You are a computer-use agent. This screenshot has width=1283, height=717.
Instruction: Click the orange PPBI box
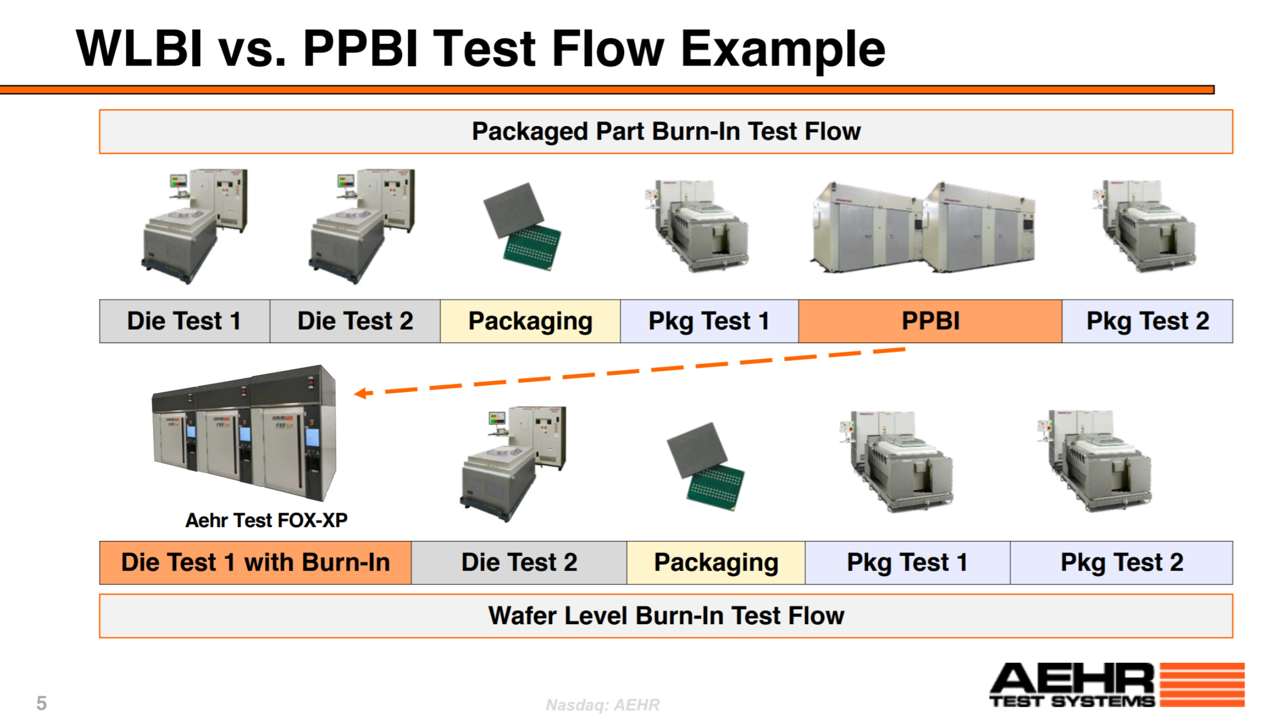[x=930, y=321]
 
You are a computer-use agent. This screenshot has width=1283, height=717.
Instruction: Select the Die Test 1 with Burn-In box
[x=255, y=562]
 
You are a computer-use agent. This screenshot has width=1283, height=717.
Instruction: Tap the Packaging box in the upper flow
[x=530, y=321]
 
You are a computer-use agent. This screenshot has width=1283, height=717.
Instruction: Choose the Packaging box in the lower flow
[x=716, y=562]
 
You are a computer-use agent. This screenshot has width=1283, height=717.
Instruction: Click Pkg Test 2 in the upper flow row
[x=1147, y=321]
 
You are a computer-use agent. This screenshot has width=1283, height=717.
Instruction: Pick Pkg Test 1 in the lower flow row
[x=907, y=562]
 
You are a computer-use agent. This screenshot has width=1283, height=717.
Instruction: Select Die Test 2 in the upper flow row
[x=355, y=321]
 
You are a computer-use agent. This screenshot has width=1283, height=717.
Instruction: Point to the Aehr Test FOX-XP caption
[x=266, y=520]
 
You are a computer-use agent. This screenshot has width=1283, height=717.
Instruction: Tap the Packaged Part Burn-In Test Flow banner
[x=666, y=131]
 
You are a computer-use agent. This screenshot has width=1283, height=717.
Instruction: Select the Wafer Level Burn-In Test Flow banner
[x=666, y=615]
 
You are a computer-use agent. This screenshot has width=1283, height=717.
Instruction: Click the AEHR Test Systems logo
[x=1117, y=685]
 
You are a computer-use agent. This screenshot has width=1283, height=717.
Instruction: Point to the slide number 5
[x=42, y=703]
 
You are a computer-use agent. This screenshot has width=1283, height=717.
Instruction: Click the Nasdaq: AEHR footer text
[x=603, y=705]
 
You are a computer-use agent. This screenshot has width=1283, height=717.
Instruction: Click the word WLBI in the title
[x=139, y=48]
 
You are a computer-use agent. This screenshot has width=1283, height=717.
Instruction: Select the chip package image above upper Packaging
[x=522, y=227]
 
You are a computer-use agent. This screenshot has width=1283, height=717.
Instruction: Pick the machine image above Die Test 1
[x=194, y=226]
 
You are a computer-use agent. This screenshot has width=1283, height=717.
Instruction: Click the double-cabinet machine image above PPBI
[x=923, y=228]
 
